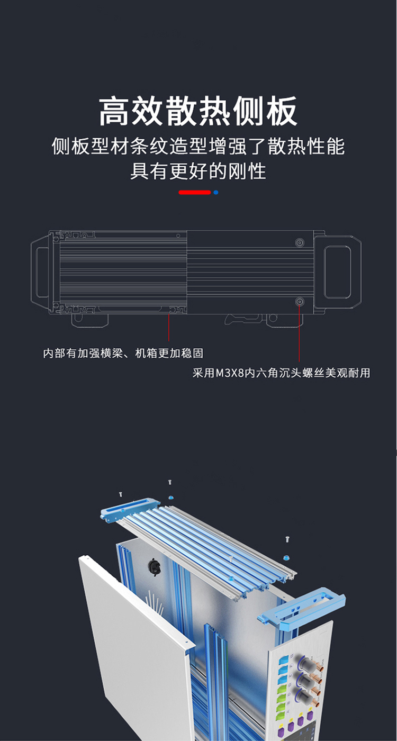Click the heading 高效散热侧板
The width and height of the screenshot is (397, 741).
(x=198, y=111)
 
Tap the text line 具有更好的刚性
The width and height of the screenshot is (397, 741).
(x=198, y=171)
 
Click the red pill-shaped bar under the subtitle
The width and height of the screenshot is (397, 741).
(x=194, y=192)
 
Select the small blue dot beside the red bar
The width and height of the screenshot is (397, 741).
(x=215, y=192)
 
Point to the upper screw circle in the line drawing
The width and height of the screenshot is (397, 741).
(x=299, y=242)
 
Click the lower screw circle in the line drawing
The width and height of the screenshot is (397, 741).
(x=299, y=302)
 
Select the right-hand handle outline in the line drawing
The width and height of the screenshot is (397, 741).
(x=337, y=272)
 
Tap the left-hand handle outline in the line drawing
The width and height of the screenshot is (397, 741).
(x=40, y=272)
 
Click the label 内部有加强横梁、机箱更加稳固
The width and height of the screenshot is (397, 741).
(x=123, y=353)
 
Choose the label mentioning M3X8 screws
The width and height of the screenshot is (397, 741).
(x=281, y=373)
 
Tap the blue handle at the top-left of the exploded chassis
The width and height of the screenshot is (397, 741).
(x=129, y=509)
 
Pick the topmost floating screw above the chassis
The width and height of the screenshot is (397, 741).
(x=169, y=482)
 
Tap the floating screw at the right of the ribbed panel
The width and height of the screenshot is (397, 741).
(x=287, y=538)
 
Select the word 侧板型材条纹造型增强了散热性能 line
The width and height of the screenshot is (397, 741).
(x=198, y=146)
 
